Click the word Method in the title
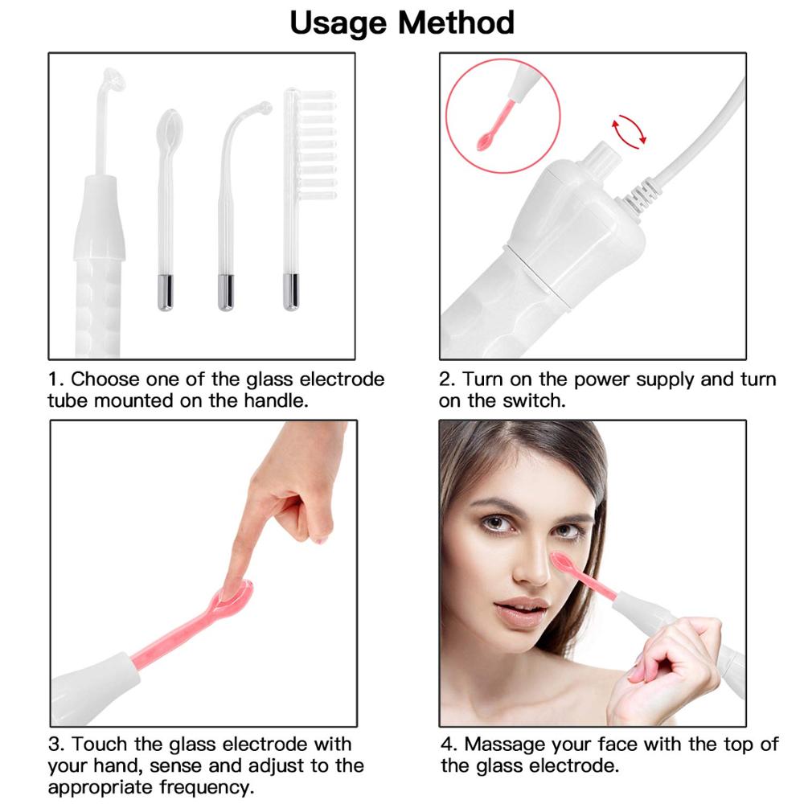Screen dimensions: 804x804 (x=460, y=23)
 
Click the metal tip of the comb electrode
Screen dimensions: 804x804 (x=291, y=292)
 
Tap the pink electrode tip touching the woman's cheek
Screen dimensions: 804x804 (x=563, y=561)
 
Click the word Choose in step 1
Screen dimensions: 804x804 (x=105, y=379)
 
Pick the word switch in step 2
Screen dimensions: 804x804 (x=533, y=400)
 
